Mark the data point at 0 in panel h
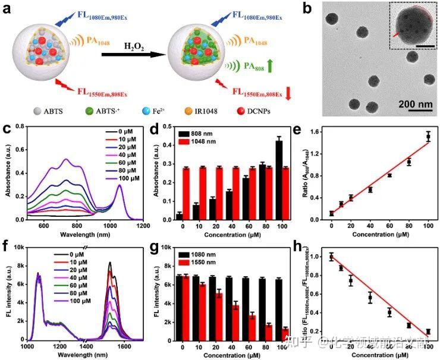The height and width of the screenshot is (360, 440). (x=331, y=257)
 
